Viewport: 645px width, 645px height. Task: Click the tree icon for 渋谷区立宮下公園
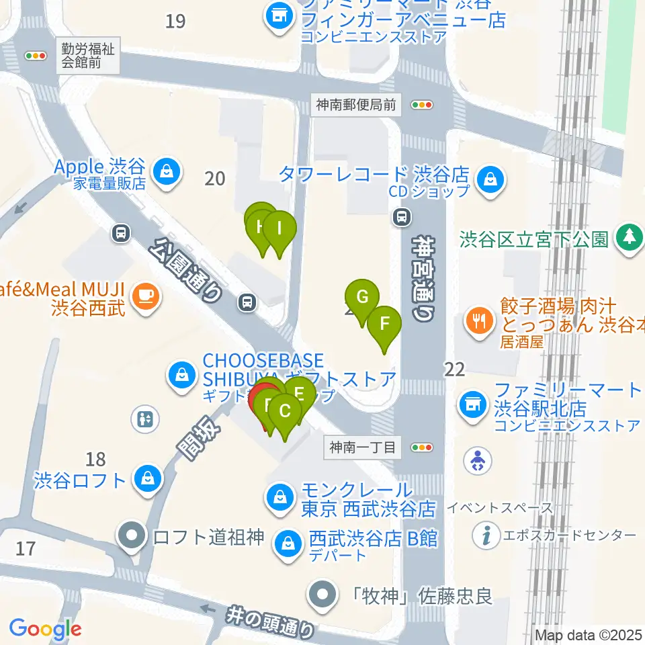[630, 236]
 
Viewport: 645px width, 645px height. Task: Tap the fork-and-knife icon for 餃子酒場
[478, 320]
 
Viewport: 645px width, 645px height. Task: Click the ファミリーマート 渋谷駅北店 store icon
[471, 404]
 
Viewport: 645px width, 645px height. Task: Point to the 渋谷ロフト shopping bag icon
[146, 480]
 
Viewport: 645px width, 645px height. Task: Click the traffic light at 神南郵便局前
[423, 104]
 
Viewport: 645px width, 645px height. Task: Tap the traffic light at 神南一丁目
[423, 447]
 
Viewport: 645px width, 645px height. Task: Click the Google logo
[45, 629]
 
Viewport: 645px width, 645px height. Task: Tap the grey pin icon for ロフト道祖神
[132, 536]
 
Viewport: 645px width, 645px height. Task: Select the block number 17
[25, 549]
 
